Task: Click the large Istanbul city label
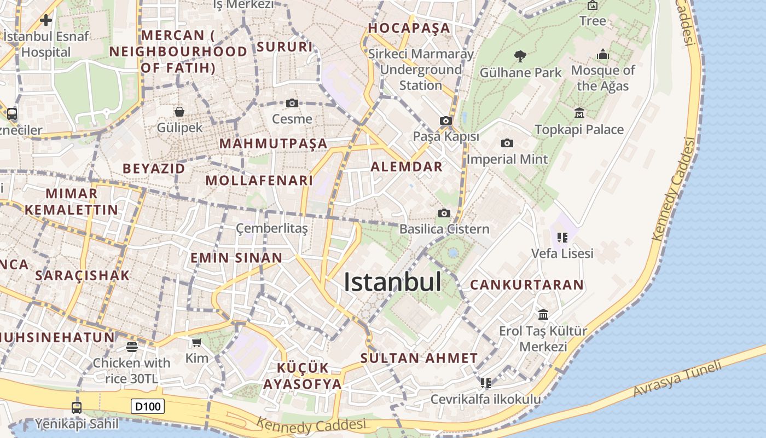[x=392, y=282]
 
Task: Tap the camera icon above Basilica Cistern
[x=444, y=213]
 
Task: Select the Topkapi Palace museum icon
[x=579, y=113]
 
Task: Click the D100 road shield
[x=148, y=406]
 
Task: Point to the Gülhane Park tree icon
[x=520, y=56]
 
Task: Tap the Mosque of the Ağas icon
[x=603, y=54]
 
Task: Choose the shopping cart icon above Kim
[x=197, y=342]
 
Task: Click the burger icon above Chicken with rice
[x=131, y=347]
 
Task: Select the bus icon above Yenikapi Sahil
[x=77, y=407]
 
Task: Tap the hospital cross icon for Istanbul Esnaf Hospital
[x=46, y=21]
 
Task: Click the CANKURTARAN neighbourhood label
[x=527, y=285]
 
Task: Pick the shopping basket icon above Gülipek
[x=179, y=112]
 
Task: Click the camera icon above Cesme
[x=292, y=103]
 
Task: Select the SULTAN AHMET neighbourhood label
[x=419, y=359]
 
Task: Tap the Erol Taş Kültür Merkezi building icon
[x=543, y=315]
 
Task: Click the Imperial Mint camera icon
[x=507, y=143]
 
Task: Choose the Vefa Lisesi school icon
[x=562, y=238]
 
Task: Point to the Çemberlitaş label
[x=272, y=228]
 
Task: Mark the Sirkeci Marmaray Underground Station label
[x=421, y=70]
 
